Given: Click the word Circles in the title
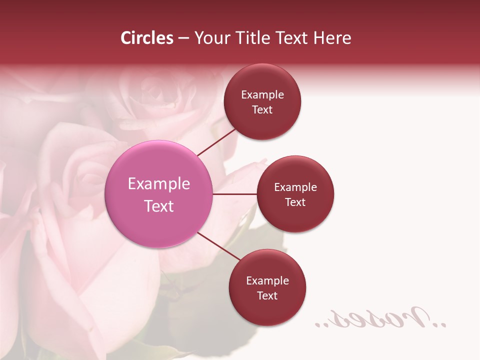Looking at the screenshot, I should tap(147, 38).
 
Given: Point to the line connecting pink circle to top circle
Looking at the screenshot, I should tap(216, 141).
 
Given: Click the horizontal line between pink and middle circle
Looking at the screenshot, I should tap(235, 193).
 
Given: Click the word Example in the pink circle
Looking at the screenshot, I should tap(159, 184).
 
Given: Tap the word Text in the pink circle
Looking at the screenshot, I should tap(159, 206).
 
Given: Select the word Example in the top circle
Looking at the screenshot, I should tap(262, 95).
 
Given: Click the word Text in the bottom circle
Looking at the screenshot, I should tap(267, 295).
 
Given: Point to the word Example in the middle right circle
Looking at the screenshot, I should tap(295, 187).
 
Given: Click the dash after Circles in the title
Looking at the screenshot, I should tap(183, 38).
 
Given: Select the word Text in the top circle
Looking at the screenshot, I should tap(262, 110).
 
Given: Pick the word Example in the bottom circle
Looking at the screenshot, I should tap(267, 281).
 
